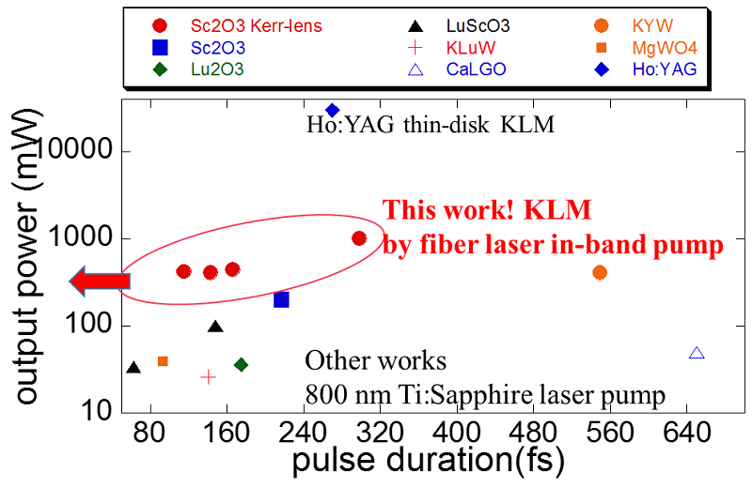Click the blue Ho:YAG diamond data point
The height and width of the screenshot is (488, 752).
(332, 111)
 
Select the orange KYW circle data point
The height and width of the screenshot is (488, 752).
(600, 272)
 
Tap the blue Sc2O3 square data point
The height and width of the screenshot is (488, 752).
(281, 299)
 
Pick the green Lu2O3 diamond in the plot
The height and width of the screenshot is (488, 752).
(241, 364)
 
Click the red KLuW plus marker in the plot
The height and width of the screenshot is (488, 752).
(209, 376)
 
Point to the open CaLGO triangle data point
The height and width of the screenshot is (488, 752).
(697, 353)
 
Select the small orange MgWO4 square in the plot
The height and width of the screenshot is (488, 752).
(163, 361)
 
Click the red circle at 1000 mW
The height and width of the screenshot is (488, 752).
(358, 238)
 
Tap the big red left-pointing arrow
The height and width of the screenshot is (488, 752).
(98, 280)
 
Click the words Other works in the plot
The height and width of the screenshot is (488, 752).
(375, 361)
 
